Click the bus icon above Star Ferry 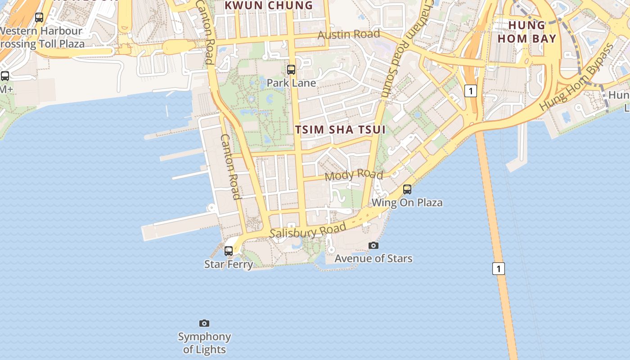pyautogui.click(x=229, y=251)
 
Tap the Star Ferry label pyautogui.click(x=229, y=264)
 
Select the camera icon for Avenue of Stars pyautogui.click(x=373, y=245)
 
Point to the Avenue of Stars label pyautogui.click(x=373, y=259)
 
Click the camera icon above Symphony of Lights pyautogui.click(x=204, y=323)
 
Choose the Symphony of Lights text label pyautogui.click(x=204, y=343)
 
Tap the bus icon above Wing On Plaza pyautogui.click(x=407, y=189)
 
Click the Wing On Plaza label pyautogui.click(x=407, y=202)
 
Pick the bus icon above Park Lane pyautogui.click(x=291, y=70)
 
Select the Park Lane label pyautogui.click(x=291, y=83)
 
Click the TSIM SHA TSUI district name pyautogui.click(x=340, y=130)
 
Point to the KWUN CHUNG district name pyautogui.click(x=269, y=5)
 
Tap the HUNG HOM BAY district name pyautogui.click(x=527, y=31)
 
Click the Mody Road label pyautogui.click(x=354, y=175)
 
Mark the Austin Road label pyautogui.click(x=349, y=34)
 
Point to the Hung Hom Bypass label pyautogui.click(x=577, y=77)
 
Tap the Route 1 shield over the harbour pyautogui.click(x=498, y=269)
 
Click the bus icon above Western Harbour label pyautogui.click(x=39, y=18)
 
